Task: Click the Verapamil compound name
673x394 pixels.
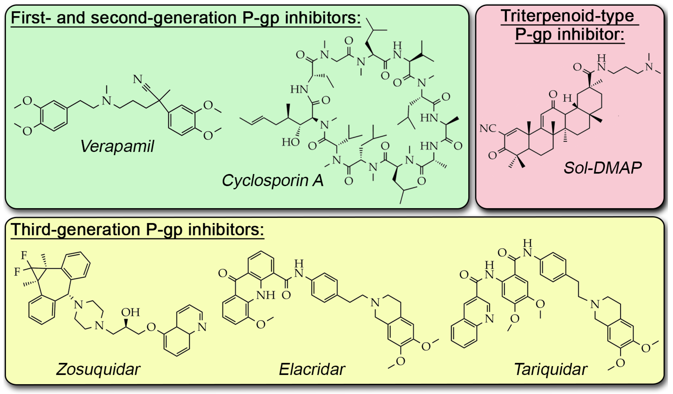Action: (x=117, y=147)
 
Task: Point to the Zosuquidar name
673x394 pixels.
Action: (x=98, y=369)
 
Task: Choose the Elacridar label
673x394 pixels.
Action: (x=312, y=369)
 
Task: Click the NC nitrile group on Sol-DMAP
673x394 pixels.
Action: (x=488, y=128)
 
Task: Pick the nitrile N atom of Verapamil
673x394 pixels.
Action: (x=138, y=79)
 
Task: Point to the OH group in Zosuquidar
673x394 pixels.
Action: (x=131, y=312)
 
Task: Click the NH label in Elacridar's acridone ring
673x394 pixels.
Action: (x=266, y=295)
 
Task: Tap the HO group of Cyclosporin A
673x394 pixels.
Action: (x=291, y=142)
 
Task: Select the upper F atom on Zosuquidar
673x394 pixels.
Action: (x=24, y=255)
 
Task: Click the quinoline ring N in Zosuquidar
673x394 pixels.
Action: (x=202, y=327)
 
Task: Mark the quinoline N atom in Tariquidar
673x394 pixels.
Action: (x=489, y=318)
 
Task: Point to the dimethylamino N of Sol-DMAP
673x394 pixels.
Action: (x=649, y=67)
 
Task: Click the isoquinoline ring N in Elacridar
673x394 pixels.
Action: (x=375, y=303)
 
